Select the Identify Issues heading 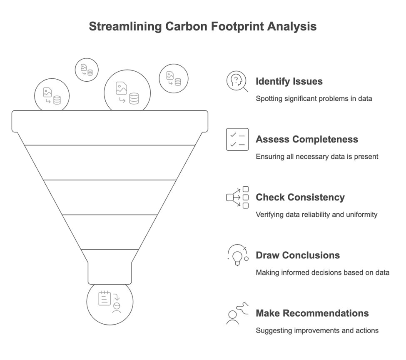click(289, 81)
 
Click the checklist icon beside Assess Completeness click(237, 139)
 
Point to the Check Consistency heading click(300, 197)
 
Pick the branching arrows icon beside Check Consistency click(237, 197)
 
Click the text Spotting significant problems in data click(314, 99)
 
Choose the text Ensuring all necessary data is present click(316, 157)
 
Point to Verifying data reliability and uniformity click(316, 215)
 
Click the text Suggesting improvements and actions click(317, 330)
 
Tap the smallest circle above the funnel click(87, 70)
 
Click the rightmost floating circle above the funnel click(174, 78)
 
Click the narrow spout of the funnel click(110, 273)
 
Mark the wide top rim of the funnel click(110, 121)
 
